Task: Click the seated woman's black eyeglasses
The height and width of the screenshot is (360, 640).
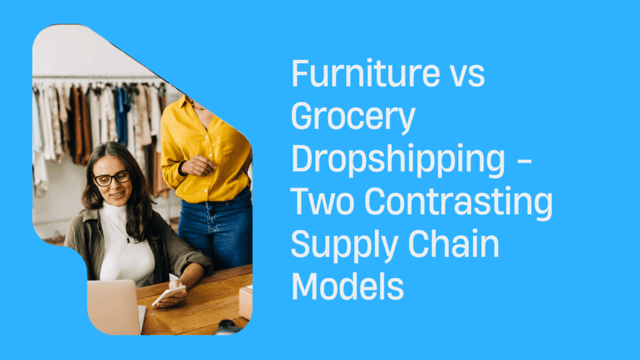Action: click(111, 179)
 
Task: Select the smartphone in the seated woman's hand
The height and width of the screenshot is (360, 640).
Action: click(169, 294)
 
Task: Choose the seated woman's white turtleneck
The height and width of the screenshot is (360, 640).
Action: click(125, 244)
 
